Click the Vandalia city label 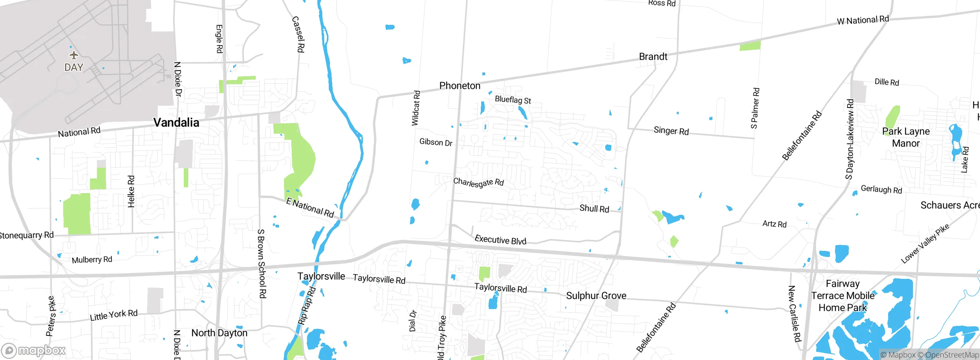(176, 123)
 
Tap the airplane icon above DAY (74, 55)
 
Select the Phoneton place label (459, 86)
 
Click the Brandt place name (653, 57)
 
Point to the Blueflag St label (513, 100)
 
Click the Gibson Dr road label (436, 142)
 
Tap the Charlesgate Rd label (478, 182)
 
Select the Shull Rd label (594, 209)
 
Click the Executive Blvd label (500, 240)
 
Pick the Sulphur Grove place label (596, 296)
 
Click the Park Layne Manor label (906, 137)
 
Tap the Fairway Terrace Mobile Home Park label (843, 296)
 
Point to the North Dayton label (219, 333)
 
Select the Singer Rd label (671, 131)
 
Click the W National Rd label (862, 20)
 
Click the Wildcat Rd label (416, 108)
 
